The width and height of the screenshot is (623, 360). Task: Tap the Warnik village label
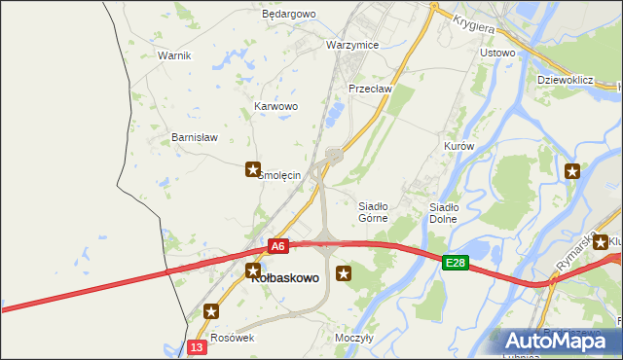[174, 55]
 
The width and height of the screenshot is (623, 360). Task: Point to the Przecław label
[370, 88]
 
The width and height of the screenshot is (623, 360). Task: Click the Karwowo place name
[275, 106]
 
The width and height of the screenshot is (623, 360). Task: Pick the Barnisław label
[194, 137]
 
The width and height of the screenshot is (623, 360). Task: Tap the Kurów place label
[458, 146]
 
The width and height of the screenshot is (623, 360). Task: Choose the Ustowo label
[497, 53]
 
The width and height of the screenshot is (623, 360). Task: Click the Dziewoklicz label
[566, 80]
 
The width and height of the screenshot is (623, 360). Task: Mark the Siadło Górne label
[374, 212]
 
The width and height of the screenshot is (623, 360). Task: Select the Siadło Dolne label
[444, 212]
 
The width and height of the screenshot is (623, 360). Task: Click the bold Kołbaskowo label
[285, 277]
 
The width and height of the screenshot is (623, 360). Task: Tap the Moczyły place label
[354, 338]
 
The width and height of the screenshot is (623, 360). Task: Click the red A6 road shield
[278, 246]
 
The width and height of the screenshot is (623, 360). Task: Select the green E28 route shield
[456, 263]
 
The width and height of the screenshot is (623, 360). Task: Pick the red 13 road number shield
[198, 347]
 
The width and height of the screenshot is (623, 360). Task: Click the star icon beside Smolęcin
[253, 169]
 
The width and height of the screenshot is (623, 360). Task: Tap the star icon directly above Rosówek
[212, 311]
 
